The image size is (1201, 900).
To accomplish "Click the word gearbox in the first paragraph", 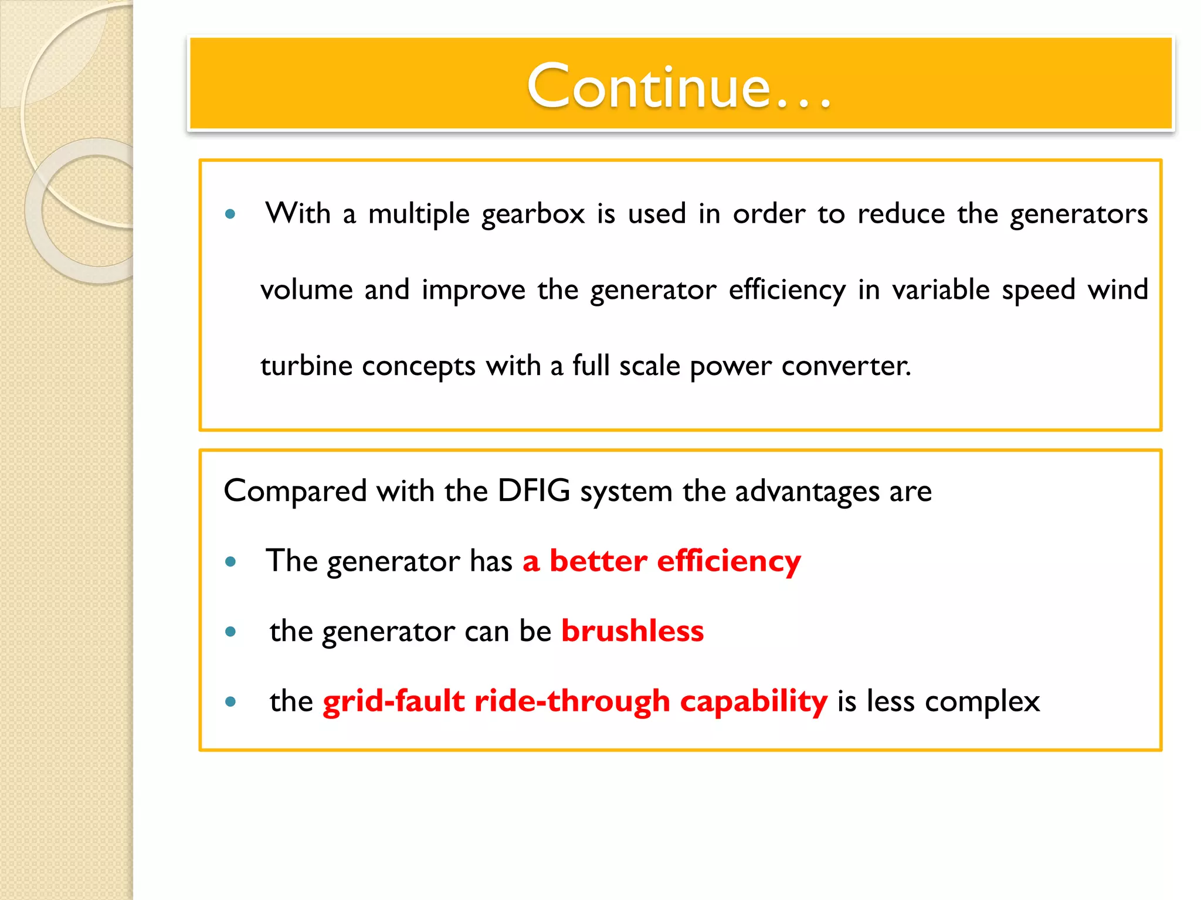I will tap(533, 214).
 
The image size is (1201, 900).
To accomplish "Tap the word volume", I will tap(306, 289).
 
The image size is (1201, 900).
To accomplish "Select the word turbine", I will tap(306, 366).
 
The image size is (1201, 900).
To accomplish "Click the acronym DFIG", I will tap(534, 490).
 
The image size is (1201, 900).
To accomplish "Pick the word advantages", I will tap(807, 491).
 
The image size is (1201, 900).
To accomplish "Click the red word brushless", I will tap(632, 631).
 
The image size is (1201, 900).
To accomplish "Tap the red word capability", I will tap(754, 701).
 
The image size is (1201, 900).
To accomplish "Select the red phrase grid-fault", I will tap(393, 701).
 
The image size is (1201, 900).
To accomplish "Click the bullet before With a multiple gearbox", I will tap(230, 214).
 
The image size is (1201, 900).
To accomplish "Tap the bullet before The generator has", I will tap(230, 562).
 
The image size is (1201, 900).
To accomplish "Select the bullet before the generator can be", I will tap(230, 632).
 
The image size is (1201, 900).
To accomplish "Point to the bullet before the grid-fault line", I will tap(230, 701).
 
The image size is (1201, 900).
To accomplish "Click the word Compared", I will tap(295, 491).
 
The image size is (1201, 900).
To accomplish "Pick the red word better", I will tap(598, 561).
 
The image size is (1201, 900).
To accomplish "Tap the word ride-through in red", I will tap(572, 701).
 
